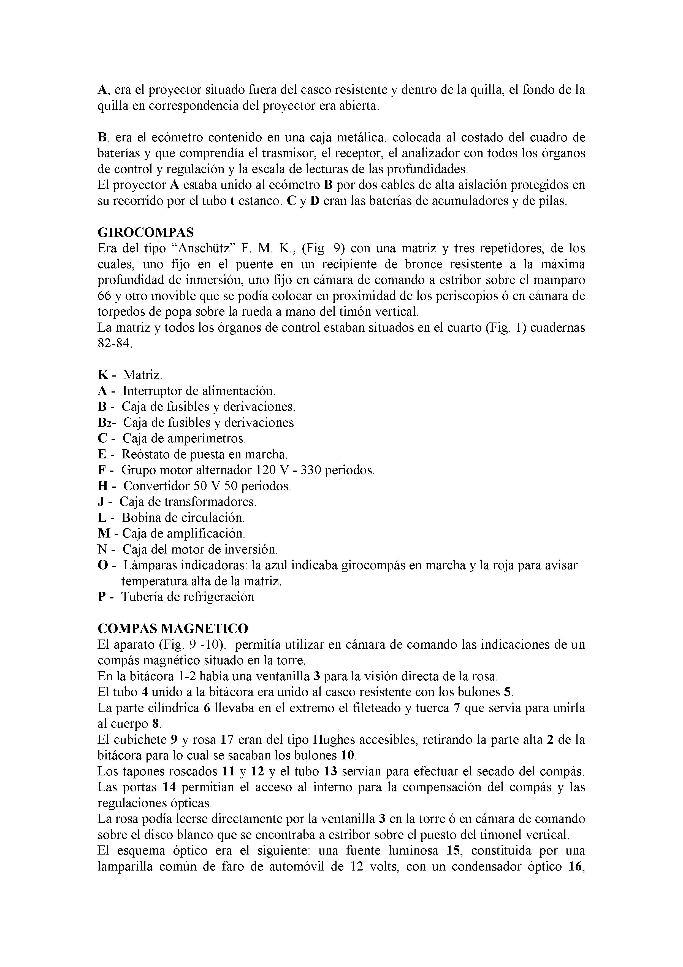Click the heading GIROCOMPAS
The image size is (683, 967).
click(x=146, y=232)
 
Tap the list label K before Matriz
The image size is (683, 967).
click(x=102, y=375)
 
